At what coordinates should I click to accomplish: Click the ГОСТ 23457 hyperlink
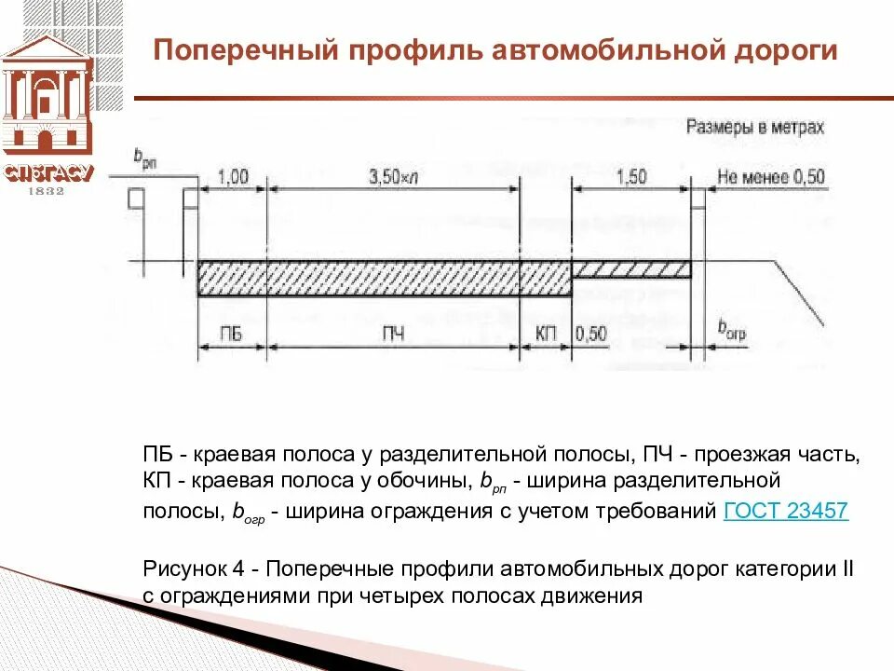(x=785, y=511)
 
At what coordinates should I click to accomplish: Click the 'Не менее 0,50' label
(x=771, y=177)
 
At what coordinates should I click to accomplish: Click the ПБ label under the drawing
(x=232, y=334)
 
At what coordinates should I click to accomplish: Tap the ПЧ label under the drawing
(x=394, y=334)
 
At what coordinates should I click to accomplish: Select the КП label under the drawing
(x=546, y=334)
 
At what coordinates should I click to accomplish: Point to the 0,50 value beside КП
(x=591, y=334)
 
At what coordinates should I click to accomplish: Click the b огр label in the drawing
(x=732, y=328)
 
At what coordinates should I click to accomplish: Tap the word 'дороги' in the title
(x=791, y=50)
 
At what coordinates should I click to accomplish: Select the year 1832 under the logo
(x=47, y=191)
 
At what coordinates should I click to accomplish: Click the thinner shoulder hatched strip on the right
(x=631, y=269)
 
